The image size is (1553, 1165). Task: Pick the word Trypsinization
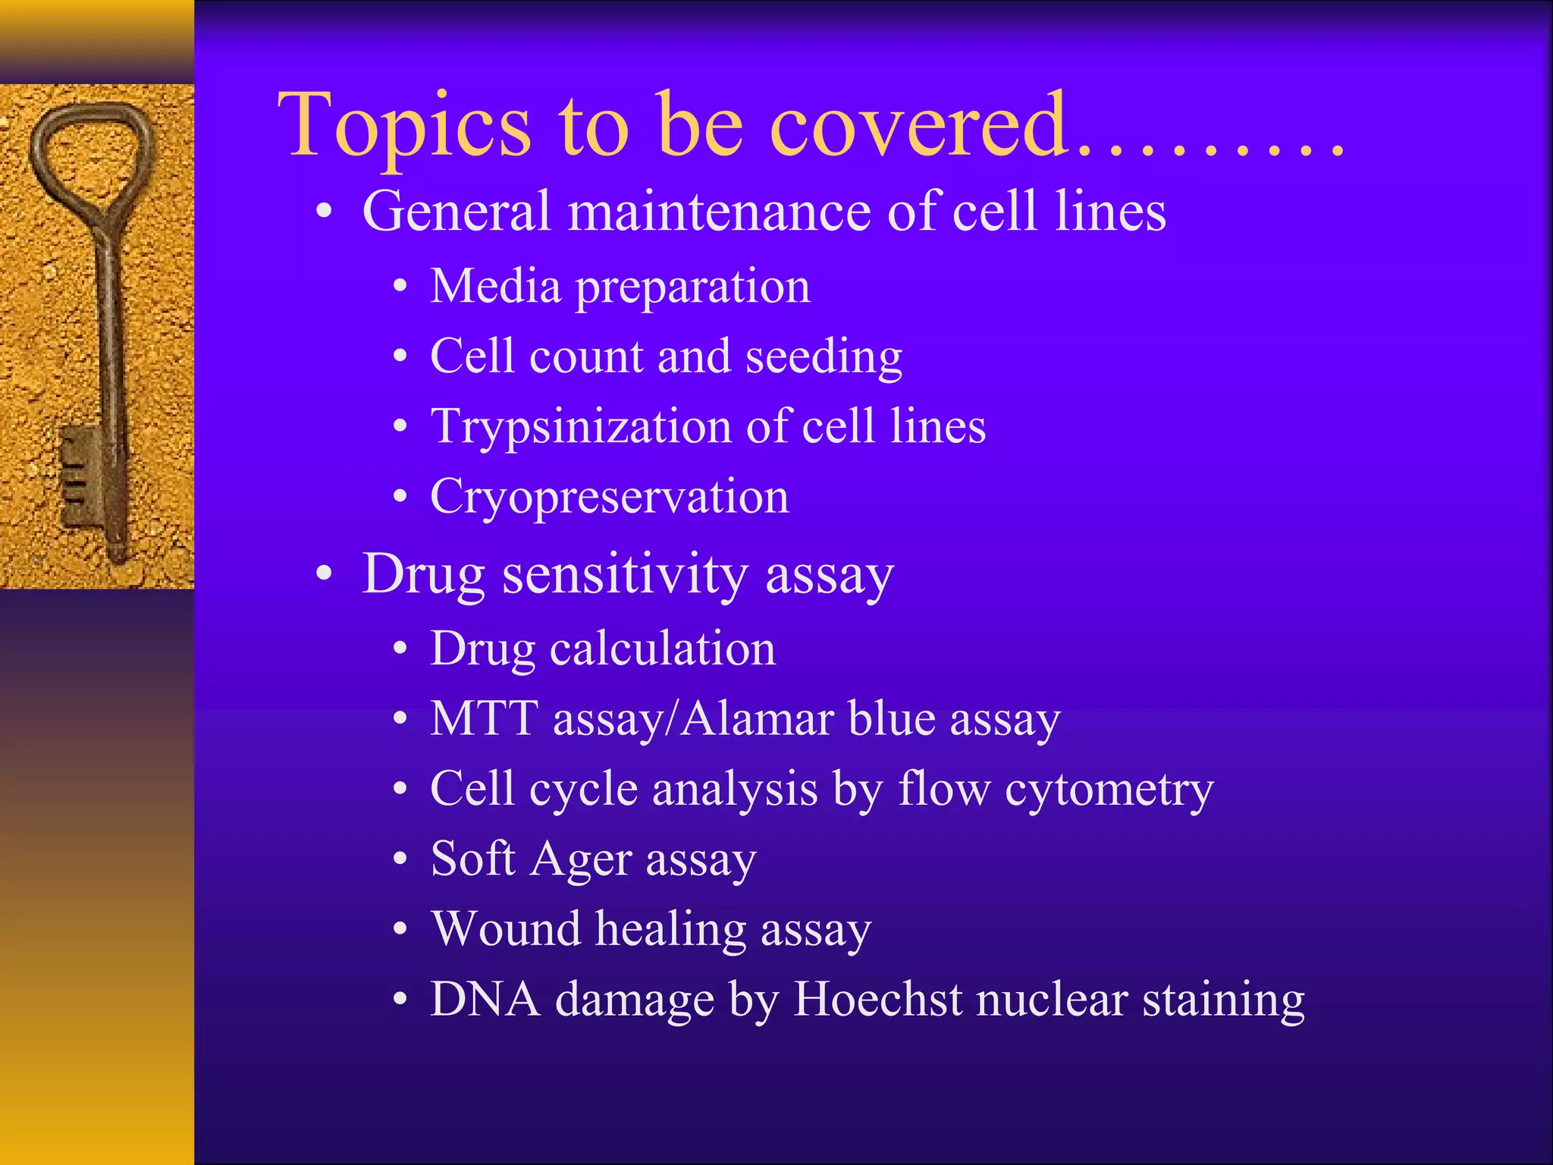[x=580, y=426]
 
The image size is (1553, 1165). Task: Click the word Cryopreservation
[x=610, y=498]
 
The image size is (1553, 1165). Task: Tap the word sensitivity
[x=625, y=575]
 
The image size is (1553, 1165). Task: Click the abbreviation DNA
[x=485, y=999]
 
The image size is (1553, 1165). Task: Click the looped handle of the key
[x=91, y=152]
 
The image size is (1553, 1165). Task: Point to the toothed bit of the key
[x=80, y=474]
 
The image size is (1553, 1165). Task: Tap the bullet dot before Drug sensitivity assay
[x=325, y=574]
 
